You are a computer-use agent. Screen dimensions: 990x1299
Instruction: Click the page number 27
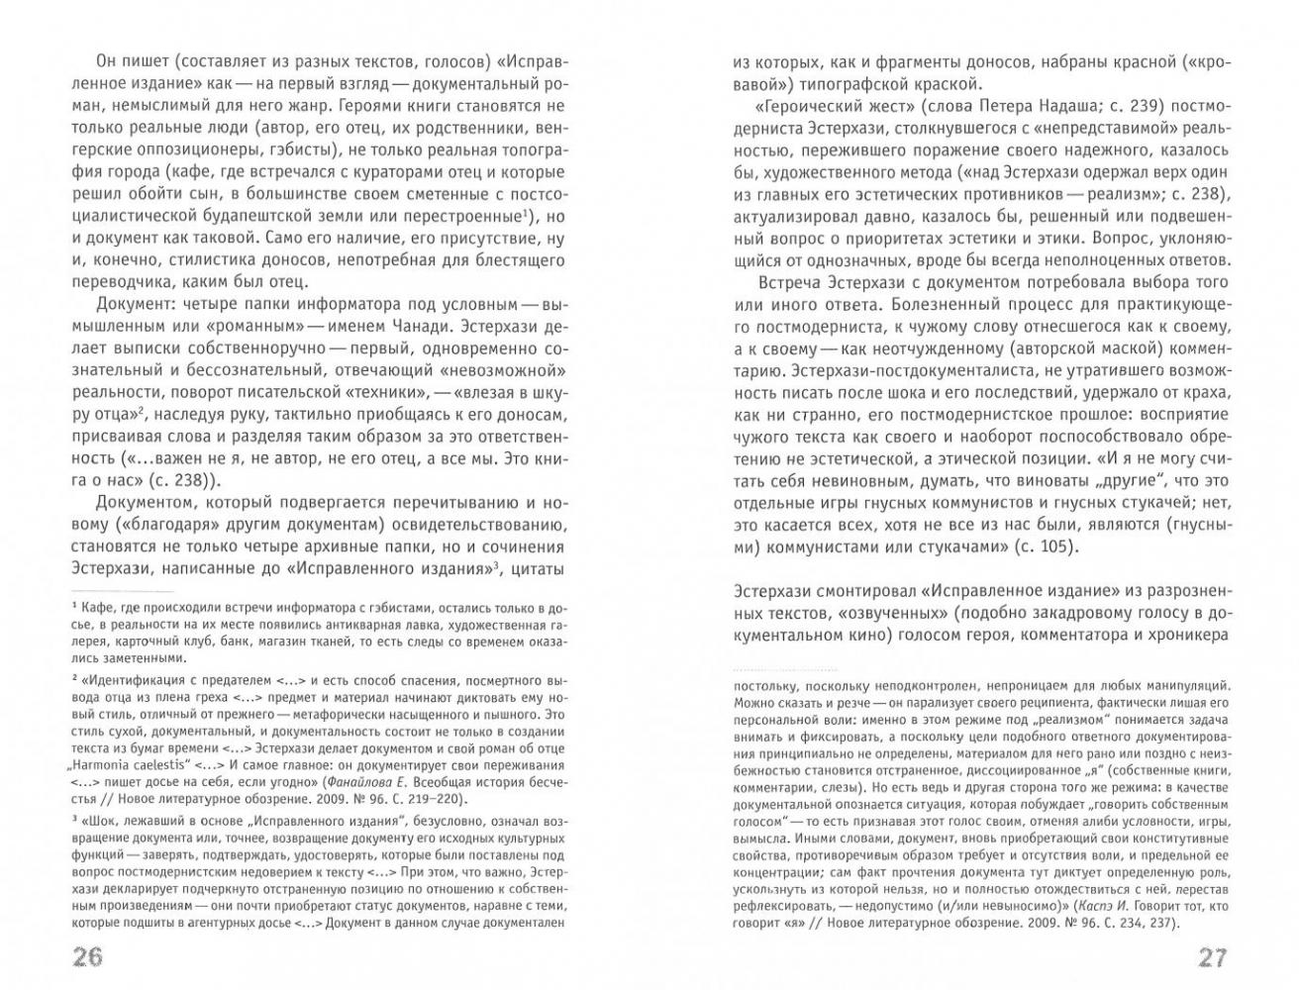pyautogui.click(x=1211, y=958)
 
